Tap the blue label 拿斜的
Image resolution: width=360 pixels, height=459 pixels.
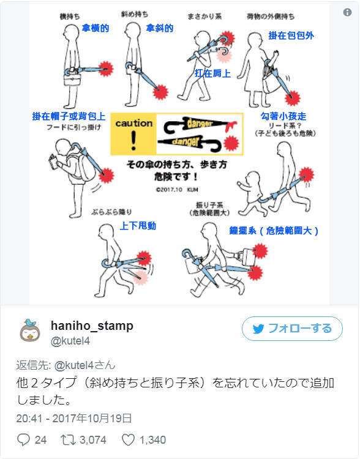[159, 28]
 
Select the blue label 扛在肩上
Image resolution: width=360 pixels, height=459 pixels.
[212, 73]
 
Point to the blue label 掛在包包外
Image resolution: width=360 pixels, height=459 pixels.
[291, 36]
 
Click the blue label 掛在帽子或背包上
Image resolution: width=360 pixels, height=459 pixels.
[69, 116]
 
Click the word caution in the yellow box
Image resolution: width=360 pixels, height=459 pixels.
[133, 123]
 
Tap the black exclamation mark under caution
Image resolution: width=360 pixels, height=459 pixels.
[133, 141]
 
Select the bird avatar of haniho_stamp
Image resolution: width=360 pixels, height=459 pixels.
[29, 331]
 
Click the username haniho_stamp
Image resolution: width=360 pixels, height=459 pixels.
[92, 325]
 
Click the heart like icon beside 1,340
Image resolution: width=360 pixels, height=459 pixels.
[129, 439]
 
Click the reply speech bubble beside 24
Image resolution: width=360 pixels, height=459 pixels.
[24, 439]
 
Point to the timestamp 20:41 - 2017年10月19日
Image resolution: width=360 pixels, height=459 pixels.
[74, 419]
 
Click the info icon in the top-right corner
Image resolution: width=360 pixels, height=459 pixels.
[347, 12]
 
